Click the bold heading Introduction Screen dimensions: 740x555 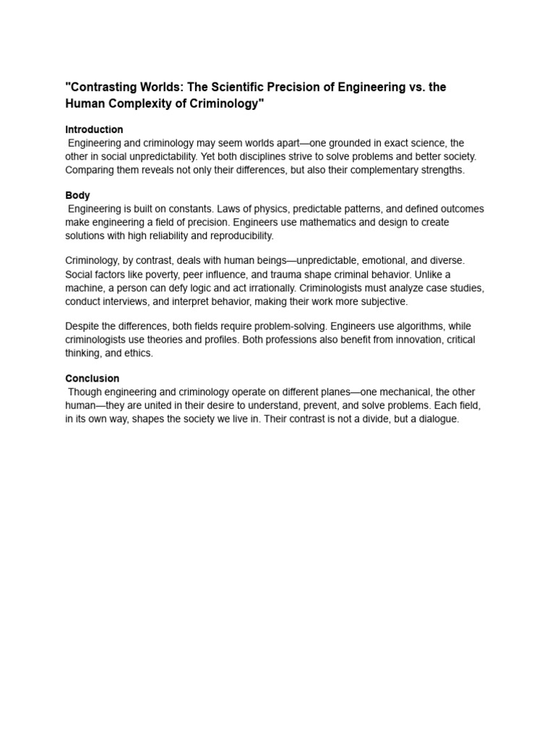[x=94, y=129]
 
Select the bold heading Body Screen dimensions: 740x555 [x=77, y=195]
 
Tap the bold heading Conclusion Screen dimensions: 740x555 [x=92, y=378]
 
